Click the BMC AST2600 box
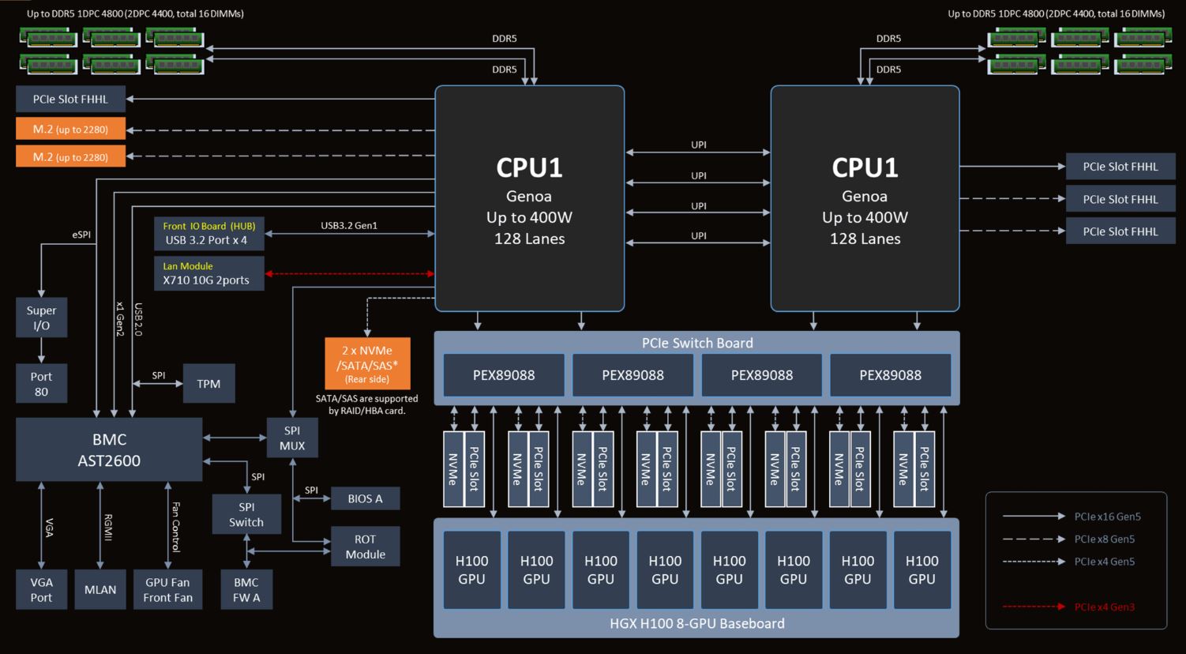pyautogui.click(x=109, y=449)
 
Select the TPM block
pyautogui.click(x=208, y=384)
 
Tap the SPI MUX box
pyautogui.click(x=292, y=438)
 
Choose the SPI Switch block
pyautogui.click(x=246, y=514)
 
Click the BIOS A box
pyautogui.click(x=365, y=498)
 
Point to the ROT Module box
pyautogui.click(x=365, y=547)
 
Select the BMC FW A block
pyautogui.click(x=246, y=590)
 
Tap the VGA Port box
pyautogui.click(x=41, y=590)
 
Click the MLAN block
pyautogui.click(x=100, y=590)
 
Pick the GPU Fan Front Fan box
pyautogui.click(x=167, y=590)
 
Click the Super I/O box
pyautogui.click(x=41, y=318)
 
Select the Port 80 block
pyautogui.click(x=41, y=384)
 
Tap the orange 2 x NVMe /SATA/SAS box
pyautogui.click(x=367, y=363)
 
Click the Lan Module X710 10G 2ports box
pyautogui.click(x=208, y=274)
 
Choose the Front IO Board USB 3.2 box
pyautogui.click(x=208, y=233)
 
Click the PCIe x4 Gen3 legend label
pyautogui.click(x=1104, y=607)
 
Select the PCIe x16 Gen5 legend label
pyautogui.click(x=1107, y=517)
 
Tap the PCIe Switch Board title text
pyautogui.click(x=697, y=343)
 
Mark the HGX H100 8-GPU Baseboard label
pyautogui.click(x=697, y=623)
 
